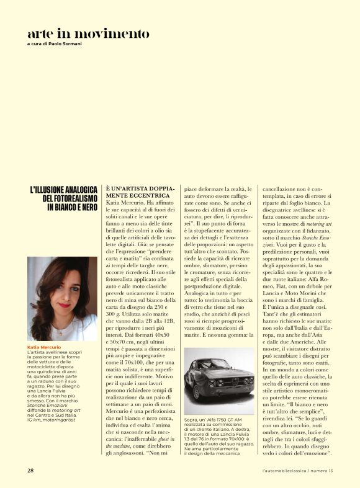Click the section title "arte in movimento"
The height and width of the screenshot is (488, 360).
(88, 33)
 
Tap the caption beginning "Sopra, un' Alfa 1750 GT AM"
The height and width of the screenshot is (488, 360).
(218, 421)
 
